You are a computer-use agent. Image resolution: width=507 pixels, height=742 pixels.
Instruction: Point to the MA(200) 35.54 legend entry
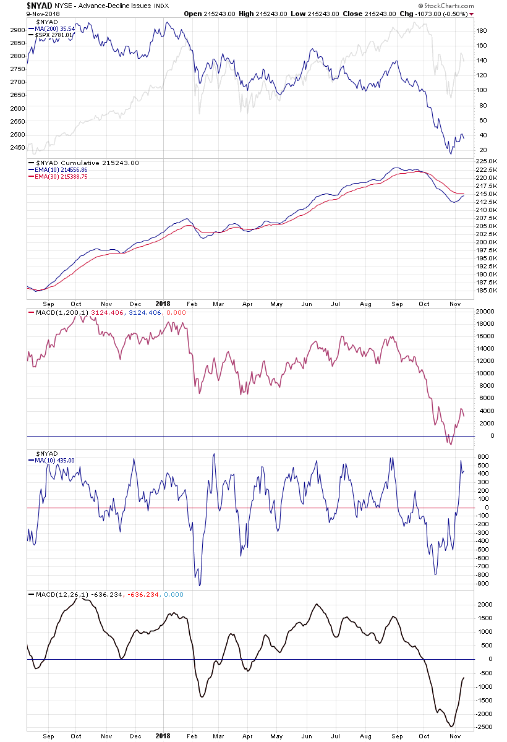(x=55, y=28)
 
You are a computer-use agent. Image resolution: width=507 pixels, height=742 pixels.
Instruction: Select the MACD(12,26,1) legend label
(x=59, y=595)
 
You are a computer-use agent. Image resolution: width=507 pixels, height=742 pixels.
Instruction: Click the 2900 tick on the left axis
(x=17, y=30)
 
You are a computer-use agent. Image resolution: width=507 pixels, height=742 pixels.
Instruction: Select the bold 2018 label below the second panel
(x=163, y=304)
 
